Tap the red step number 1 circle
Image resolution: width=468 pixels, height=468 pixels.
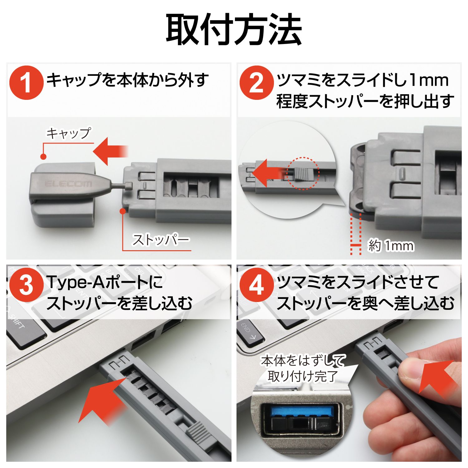click(26, 83)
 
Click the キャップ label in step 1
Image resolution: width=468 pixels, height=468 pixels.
click(69, 133)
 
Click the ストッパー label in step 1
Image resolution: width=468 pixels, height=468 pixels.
click(161, 240)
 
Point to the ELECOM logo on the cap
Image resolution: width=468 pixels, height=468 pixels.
click(69, 184)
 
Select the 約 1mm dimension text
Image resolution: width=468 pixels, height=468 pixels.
click(391, 246)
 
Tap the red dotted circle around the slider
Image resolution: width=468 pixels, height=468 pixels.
click(303, 173)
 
